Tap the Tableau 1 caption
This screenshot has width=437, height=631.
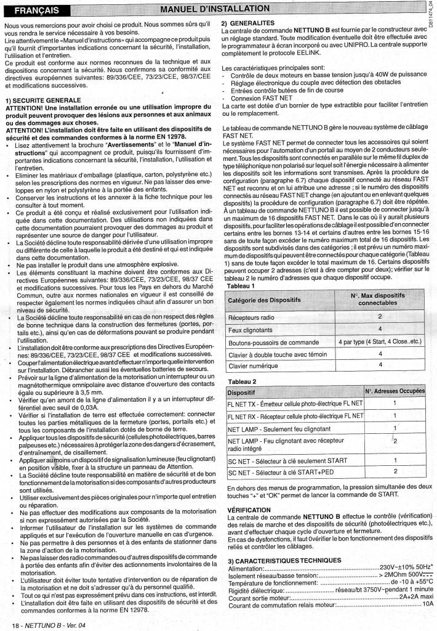(241, 286)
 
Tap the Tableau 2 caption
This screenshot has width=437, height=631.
(242, 381)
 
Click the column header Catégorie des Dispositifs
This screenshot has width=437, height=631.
(268, 300)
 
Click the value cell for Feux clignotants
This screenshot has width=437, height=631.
(380, 329)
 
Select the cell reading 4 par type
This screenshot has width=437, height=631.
(380, 342)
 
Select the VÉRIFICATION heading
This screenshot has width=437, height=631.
(249, 510)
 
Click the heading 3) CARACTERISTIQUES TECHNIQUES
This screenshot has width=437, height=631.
(284, 560)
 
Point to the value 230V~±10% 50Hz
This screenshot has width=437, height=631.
(405, 567)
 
